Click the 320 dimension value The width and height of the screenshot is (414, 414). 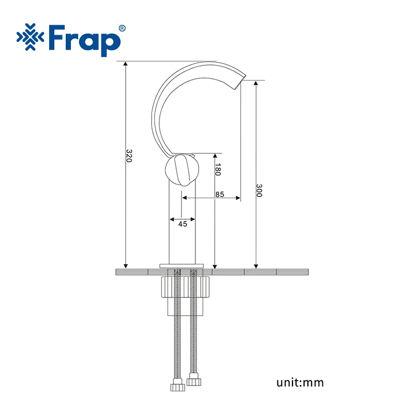tap(129, 156)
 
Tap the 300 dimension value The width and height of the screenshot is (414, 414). tap(259, 190)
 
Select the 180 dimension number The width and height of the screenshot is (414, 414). tap(218, 170)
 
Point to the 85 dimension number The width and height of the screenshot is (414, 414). tap(219, 195)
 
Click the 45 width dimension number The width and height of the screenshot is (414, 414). tap(183, 224)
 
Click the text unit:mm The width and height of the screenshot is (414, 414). tap(300, 382)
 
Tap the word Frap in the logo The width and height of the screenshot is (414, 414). tap(85, 40)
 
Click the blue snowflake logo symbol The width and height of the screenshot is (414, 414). tap(31, 37)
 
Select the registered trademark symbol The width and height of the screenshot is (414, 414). tap(122, 28)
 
